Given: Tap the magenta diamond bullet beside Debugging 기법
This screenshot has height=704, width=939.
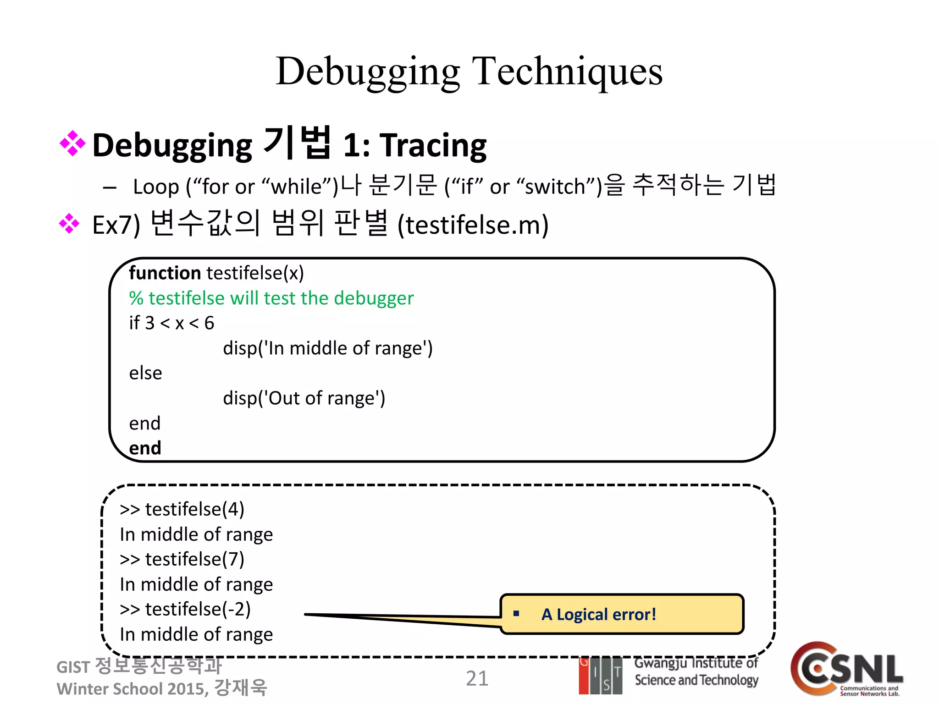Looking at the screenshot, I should click(72, 143).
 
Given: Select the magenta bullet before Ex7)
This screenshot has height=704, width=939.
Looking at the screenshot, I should click(69, 224).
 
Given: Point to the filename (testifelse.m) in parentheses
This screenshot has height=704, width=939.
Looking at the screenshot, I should click(473, 225).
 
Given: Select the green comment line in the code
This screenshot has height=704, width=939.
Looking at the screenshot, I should click(271, 298).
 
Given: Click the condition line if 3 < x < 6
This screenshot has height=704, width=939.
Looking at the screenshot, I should click(171, 323).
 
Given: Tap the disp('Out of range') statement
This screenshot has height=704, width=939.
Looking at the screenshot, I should click(304, 398).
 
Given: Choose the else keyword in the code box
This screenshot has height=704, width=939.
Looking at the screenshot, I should click(145, 373).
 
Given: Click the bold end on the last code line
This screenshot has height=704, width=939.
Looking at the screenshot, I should click(145, 448).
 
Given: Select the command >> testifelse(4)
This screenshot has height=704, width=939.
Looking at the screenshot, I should click(182, 509).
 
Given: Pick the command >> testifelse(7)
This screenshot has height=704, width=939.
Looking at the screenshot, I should click(182, 559).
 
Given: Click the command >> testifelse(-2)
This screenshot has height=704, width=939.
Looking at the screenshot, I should click(185, 609).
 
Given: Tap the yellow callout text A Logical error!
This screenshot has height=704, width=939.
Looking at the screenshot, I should click(598, 615).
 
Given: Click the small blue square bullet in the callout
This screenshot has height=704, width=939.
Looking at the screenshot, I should click(516, 614).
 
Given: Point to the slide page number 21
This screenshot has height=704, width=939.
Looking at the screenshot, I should click(477, 679).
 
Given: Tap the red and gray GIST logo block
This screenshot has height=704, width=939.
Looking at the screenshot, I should click(600, 676).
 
